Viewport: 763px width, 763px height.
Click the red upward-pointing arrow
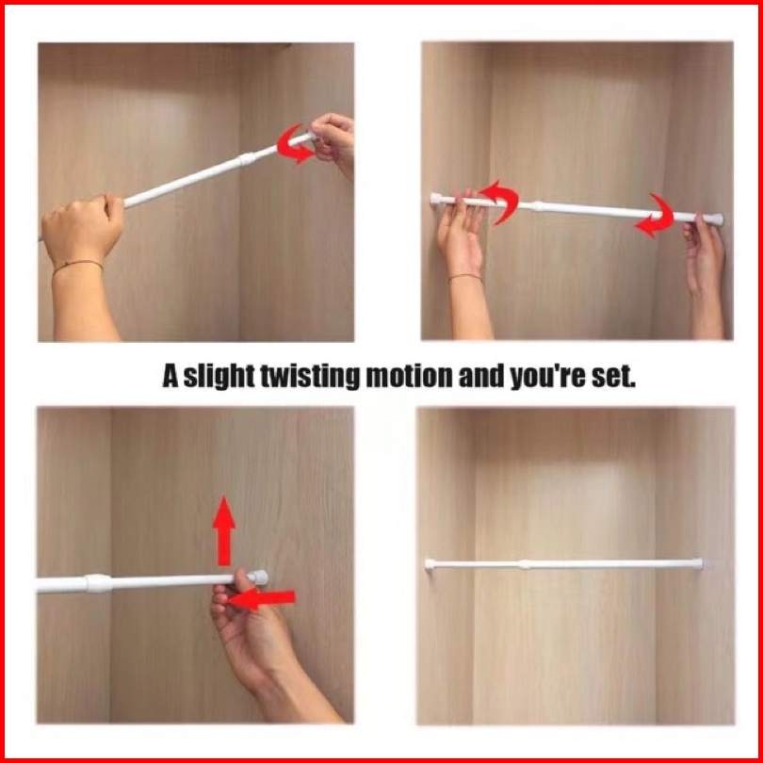[224, 531]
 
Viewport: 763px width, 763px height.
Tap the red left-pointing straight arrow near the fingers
[261, 598]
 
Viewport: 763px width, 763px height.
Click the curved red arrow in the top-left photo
[294, 144]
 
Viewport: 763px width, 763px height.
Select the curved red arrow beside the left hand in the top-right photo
[500, 201]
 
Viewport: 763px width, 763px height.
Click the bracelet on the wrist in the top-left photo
[78, 266]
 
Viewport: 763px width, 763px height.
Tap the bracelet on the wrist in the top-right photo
[465, 277]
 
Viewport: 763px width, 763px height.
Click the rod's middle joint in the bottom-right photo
[524, 564]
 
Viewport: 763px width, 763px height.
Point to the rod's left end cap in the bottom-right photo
[430, 564]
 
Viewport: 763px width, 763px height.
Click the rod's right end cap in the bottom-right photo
[699, 563]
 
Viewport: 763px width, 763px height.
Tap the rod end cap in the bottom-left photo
[258, 577]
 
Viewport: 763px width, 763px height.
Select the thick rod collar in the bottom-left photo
[99, 583]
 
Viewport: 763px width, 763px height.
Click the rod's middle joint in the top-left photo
[247, 159]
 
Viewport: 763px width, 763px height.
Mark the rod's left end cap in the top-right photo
[434, 199]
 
